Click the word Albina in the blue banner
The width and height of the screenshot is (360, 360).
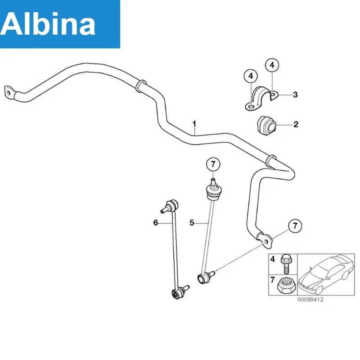48,24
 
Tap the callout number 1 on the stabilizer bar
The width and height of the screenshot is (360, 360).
194,124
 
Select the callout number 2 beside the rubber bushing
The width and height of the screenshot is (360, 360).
296,124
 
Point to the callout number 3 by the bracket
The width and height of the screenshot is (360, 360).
295,94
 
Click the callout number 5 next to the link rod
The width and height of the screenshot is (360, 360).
192,222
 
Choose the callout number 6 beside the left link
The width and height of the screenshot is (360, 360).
156,222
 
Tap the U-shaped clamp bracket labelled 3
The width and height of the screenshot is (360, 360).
261,98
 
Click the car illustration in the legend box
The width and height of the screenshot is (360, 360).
326,274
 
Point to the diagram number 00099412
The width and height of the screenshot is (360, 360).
310,300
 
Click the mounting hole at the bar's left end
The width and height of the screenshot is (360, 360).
9,93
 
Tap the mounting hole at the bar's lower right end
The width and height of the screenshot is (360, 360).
266,242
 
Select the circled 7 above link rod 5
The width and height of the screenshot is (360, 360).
213,164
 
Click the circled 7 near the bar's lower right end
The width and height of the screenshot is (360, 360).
295,226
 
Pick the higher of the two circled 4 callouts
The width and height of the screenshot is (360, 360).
272,65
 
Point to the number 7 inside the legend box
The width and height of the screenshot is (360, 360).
272,280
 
